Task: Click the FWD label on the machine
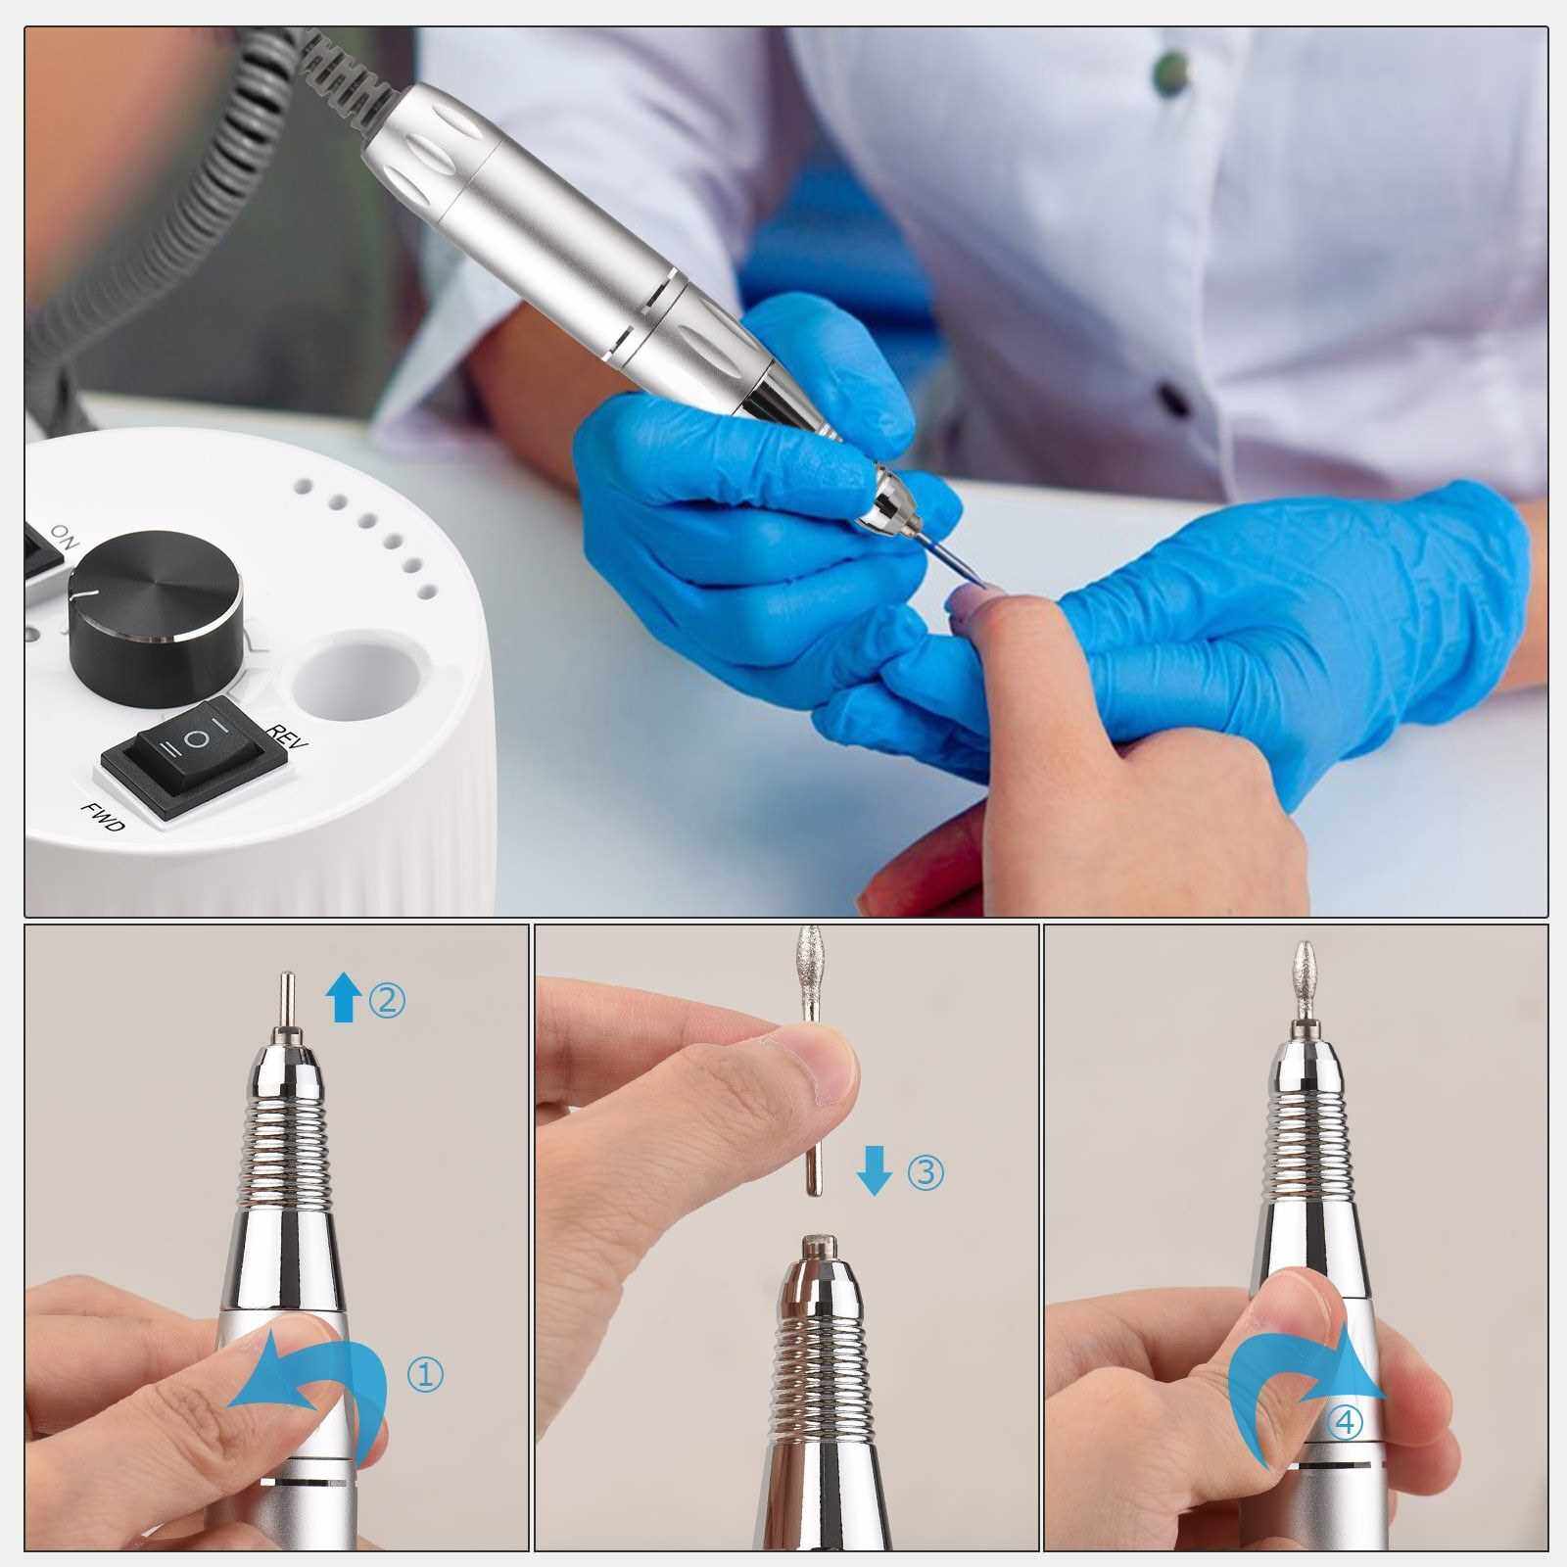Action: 103,816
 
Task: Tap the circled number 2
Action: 386,999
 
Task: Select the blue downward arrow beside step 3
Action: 874,1171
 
